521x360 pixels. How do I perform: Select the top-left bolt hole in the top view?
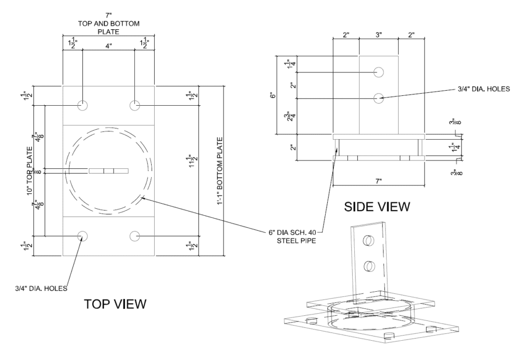82,105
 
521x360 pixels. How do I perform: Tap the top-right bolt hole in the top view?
135,105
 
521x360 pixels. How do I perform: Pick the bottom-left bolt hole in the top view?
82,235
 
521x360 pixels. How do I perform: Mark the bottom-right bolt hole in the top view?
135,235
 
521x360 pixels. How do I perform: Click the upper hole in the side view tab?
379,72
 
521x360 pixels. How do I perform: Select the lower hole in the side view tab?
379,97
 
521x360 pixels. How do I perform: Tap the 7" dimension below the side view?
378,181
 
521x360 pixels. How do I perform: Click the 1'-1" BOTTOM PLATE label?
221,170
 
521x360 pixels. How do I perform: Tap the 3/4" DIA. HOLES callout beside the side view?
475,89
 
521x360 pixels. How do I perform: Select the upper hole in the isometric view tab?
368,241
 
